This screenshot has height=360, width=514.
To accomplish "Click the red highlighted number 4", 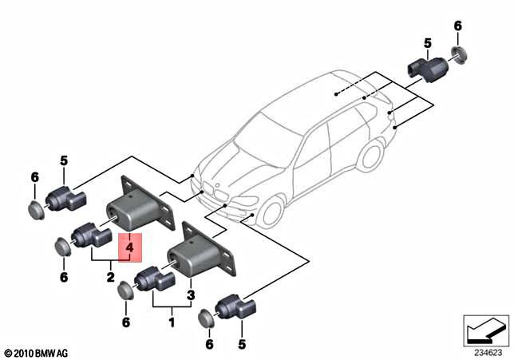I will coord(128,248).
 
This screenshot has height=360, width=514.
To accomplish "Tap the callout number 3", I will coord(190,295).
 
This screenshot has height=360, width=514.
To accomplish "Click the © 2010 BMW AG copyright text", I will coord(37,352).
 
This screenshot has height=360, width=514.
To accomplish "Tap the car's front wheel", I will coord(271,213).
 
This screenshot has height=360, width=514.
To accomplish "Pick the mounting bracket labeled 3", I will coord(204,253).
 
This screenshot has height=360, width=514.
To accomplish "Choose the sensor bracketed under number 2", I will coord(90,236).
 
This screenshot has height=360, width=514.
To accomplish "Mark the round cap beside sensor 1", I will coord(125,291).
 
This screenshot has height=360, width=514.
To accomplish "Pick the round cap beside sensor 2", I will coord(62,246).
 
